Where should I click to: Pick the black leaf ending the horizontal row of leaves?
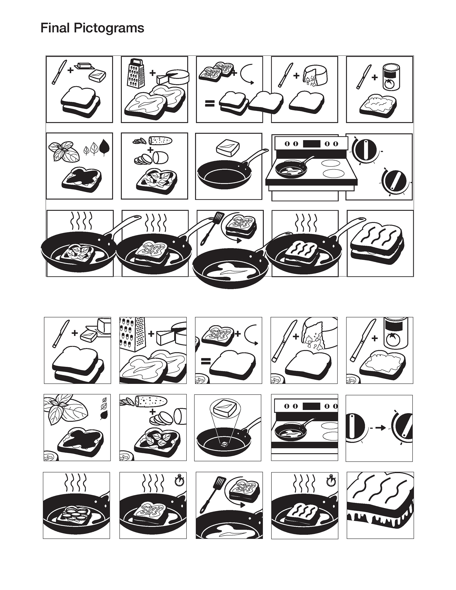pos(104,149)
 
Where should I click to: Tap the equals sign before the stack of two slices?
pos(210,104)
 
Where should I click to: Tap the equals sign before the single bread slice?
pos(206,361)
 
